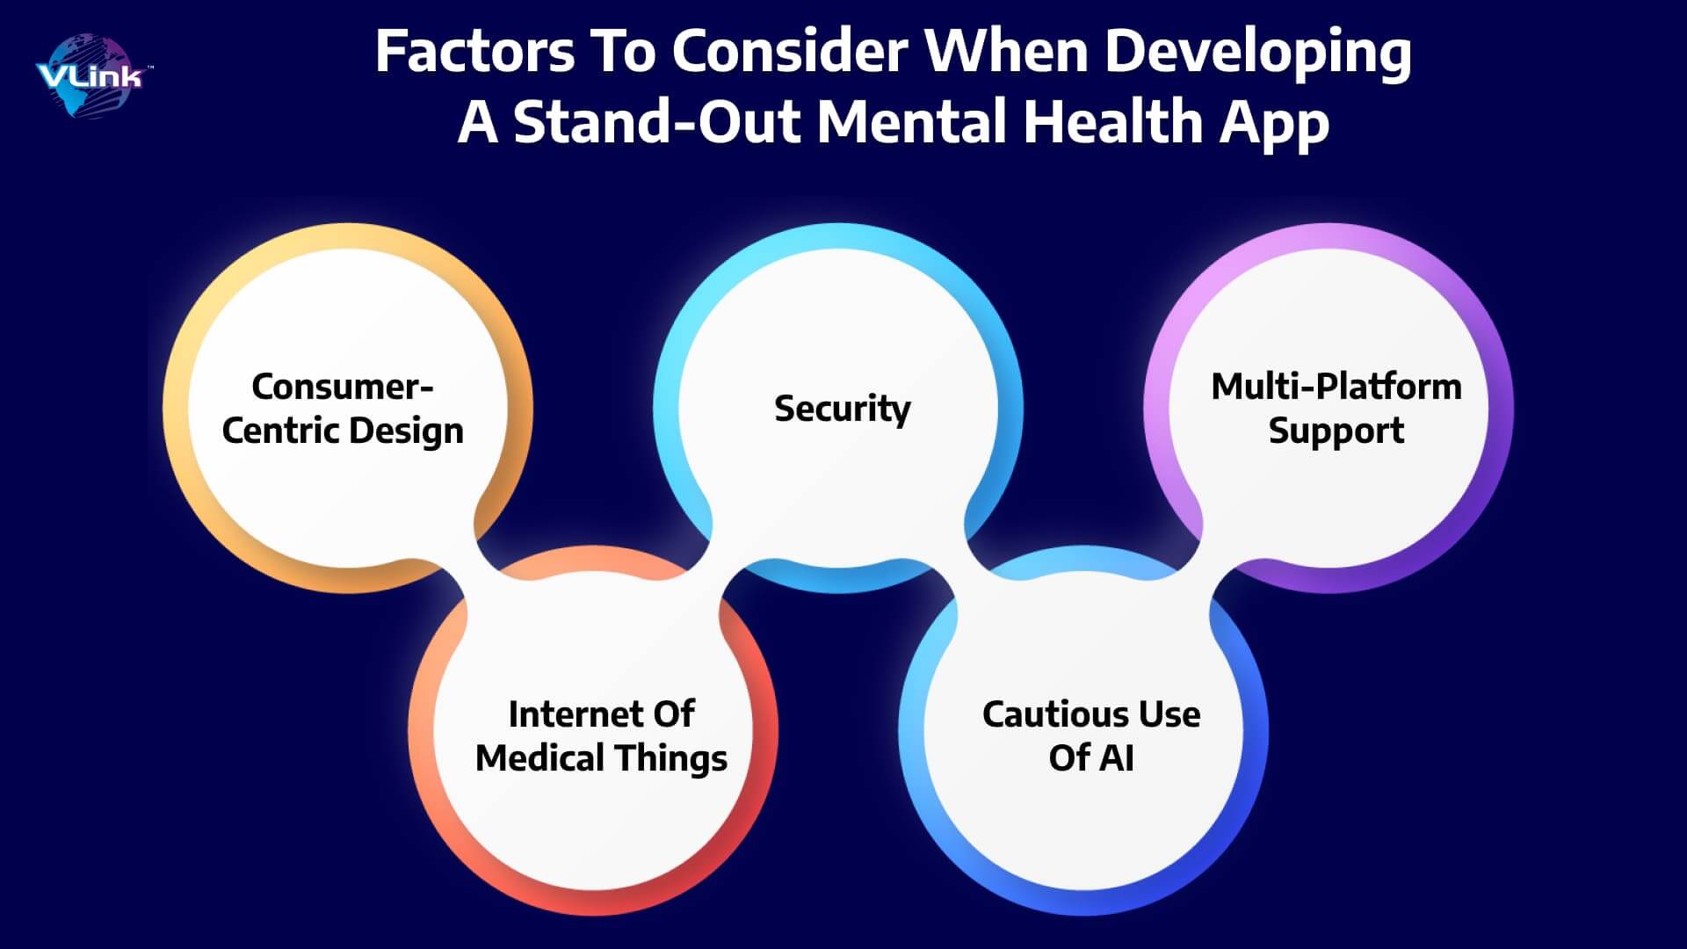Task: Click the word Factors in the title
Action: (474, 52)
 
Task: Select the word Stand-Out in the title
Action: (655, 121)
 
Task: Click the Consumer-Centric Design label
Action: (343, 409)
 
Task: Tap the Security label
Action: (843, 409)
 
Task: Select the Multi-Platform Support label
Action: (1336, 409)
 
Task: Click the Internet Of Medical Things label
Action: (601, 736)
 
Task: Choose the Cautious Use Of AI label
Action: (1091, 736)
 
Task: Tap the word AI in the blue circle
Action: (1115, 757)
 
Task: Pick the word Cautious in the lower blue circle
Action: (1039, 714)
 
